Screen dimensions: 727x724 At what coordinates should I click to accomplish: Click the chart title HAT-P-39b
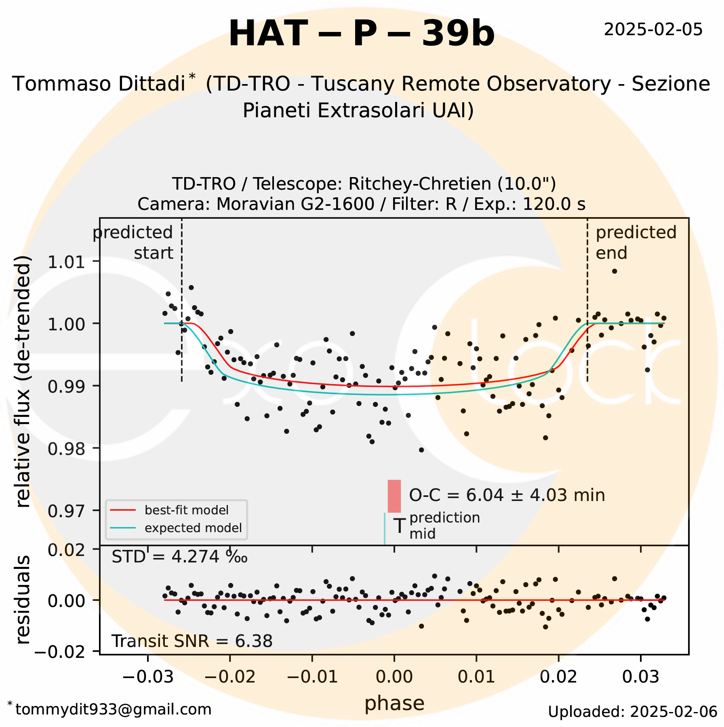click(361, 34)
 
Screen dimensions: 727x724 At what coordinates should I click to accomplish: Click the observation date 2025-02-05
click(653, 30)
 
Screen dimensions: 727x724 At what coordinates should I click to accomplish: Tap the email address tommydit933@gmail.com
click(113, 709)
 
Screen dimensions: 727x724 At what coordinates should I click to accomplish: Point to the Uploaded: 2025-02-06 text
click(632, 712)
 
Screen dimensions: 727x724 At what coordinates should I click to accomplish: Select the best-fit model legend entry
click(186, 510)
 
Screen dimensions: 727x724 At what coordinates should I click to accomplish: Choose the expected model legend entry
click(193, 528)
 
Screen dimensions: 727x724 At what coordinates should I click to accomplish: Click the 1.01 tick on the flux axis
click(67, 262)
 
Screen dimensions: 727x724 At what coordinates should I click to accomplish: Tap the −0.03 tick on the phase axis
click(148, 676)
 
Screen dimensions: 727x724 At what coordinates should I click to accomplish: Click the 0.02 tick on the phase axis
click(559, 676)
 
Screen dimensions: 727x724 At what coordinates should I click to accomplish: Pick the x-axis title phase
click(394, 703)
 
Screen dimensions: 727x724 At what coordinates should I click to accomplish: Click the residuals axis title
click(23, 600)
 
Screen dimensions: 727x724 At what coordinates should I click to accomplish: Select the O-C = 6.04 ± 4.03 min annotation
click(507, 495)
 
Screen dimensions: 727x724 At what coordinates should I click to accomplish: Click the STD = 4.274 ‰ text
click(179, 557)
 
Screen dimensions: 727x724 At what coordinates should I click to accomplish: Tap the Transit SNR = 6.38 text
click(192, 641)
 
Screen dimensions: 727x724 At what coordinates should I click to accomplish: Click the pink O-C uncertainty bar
click(394, 496)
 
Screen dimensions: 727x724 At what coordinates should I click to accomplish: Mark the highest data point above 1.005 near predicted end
click(615, 271)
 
